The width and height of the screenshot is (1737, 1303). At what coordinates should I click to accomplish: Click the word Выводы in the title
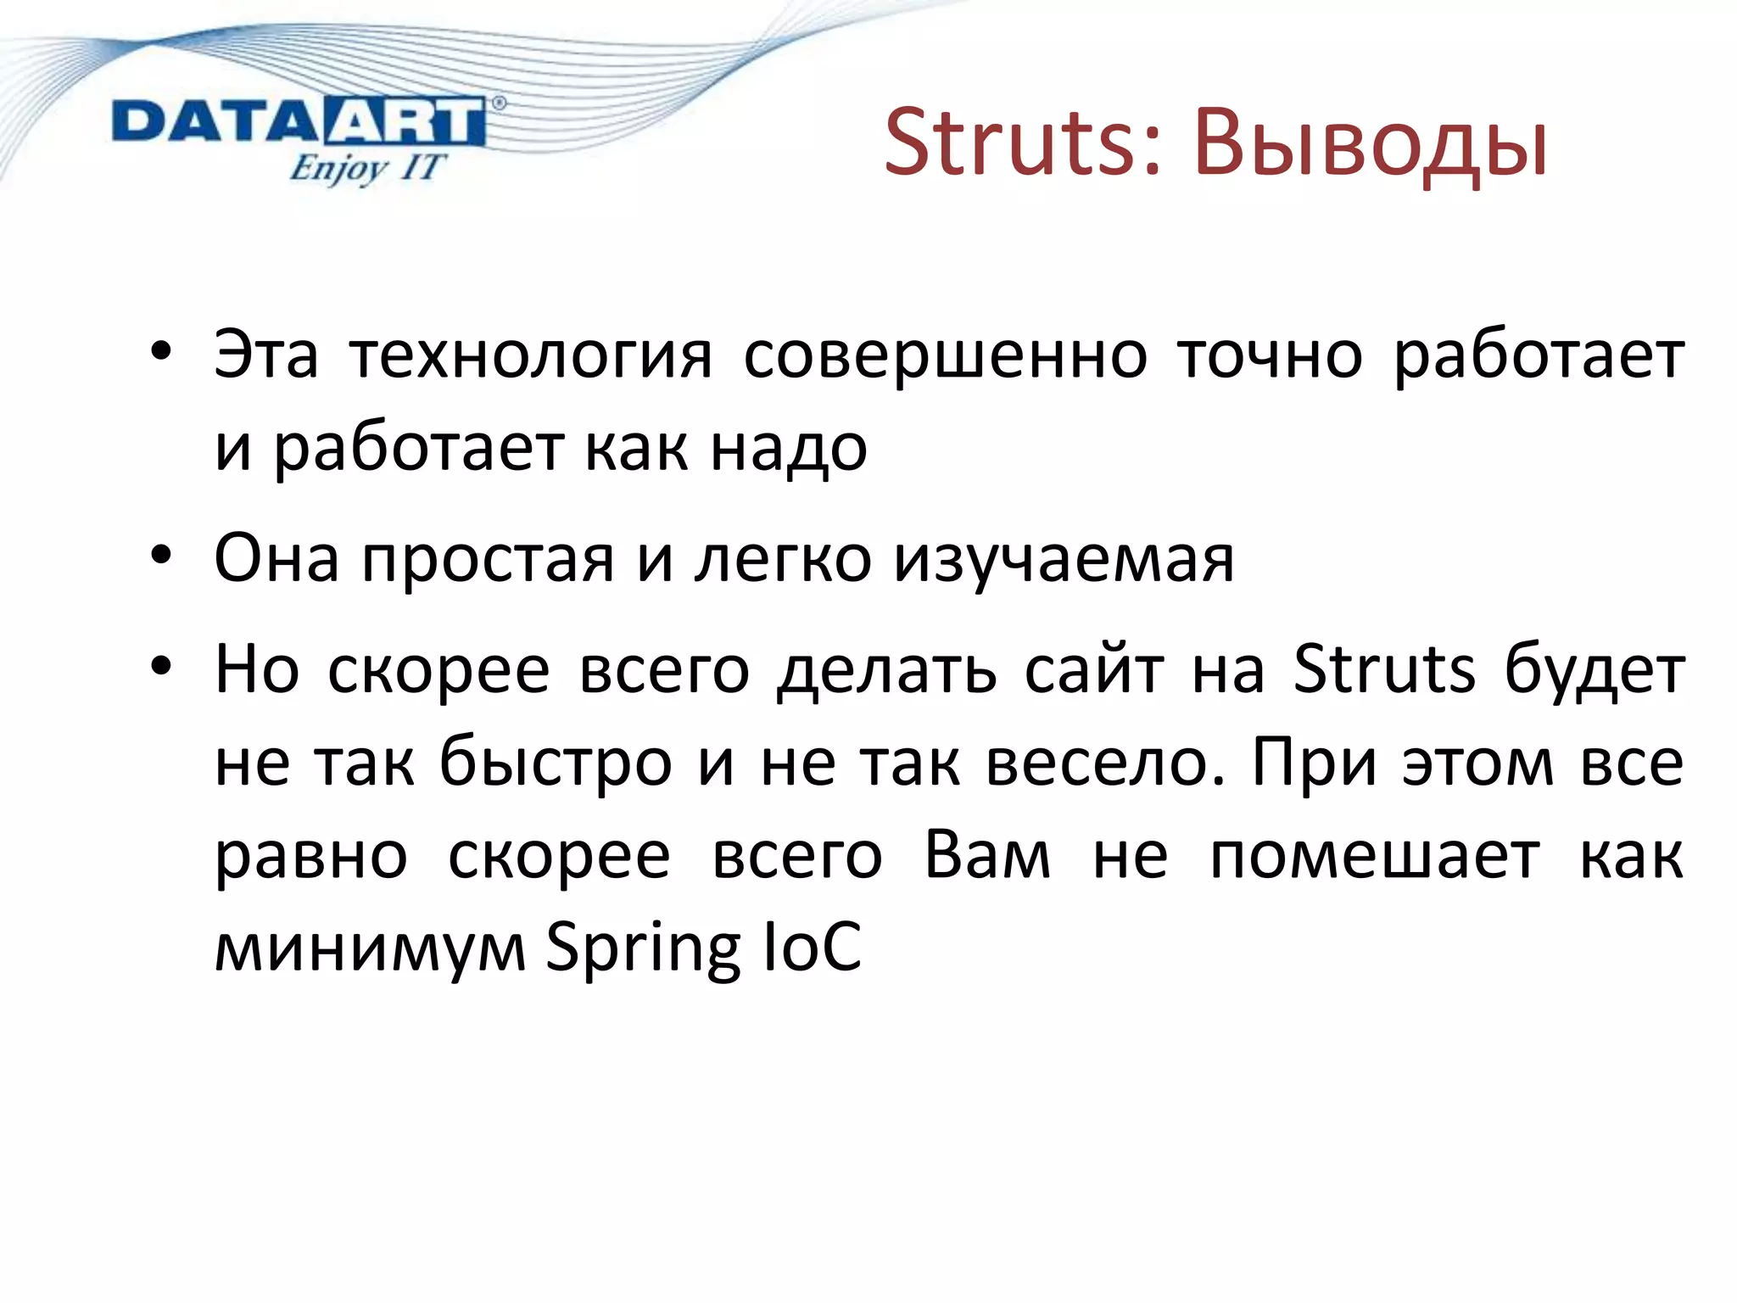point(1371,144)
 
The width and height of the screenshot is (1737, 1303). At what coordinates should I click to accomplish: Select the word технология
point(532,355)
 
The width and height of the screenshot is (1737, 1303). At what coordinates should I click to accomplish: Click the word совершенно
point(946,355)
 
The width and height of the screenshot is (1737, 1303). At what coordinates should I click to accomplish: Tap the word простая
point(488,559)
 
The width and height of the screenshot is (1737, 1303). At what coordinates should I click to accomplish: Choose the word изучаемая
point(1064,560)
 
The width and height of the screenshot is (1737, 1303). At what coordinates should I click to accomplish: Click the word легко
point(783,559)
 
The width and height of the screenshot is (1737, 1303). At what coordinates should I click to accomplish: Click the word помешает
point(1374,855)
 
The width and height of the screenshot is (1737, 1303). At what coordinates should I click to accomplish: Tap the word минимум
point(371,948)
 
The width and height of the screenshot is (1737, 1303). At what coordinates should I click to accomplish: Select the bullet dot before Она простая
point(161,556)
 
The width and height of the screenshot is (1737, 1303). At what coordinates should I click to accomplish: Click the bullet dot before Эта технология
point(161,351)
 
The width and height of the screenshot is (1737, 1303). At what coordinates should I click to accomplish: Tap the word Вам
point(987,854)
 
